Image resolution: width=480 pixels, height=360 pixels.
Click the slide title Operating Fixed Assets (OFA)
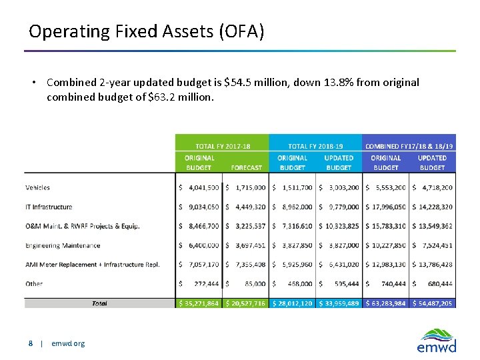click(147, 31)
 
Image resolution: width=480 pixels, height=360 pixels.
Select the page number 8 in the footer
click(31, 343)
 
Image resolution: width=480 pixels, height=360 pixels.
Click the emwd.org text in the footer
click(68, 343)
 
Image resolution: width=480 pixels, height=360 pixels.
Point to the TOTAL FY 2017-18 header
click(223, 145)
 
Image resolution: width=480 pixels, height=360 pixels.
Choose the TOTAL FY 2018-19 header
click(316, 145)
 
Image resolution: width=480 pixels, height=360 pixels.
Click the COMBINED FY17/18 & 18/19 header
click(409, 145)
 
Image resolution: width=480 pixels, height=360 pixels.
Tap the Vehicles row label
click(38, 188)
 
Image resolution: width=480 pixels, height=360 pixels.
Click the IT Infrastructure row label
click(49, 207)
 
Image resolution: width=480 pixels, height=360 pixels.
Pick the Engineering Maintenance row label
click(63, 245)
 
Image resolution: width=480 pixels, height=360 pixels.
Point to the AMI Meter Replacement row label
click(93, 265)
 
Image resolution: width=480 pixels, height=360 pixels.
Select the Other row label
click(34, 284)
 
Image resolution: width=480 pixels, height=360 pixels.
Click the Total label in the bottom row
click(99, 303)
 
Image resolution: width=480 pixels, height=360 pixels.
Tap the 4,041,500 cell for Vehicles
click(200, 188)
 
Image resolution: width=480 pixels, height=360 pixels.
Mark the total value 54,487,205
click(434, 303)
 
